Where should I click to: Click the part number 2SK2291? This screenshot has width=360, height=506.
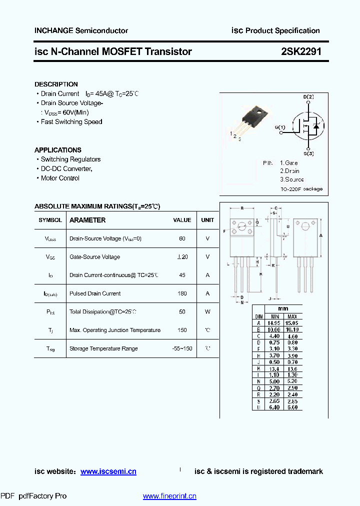tap(301, 51)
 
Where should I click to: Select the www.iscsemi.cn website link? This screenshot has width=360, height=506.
tap(108, 471)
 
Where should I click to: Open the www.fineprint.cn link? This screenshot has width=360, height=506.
tap(169, 496)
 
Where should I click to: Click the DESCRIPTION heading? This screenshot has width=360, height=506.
tap(56, 84)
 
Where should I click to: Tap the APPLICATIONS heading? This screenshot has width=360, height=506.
tap(57, 150)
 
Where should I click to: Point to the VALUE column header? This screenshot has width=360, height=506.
tap(182, 220)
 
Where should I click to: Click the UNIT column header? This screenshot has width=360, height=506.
tap(207, 220)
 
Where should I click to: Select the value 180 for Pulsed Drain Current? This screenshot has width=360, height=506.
tap(182, 293)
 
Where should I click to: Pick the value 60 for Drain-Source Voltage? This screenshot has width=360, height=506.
tap(182, 238)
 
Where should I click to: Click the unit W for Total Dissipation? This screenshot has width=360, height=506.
tap(207, 311)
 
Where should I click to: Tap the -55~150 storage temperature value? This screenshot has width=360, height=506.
tap(181, 348)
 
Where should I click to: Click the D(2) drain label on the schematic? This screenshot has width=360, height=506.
tap(308, 96)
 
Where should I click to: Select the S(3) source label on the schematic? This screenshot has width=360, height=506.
tap(308, 153)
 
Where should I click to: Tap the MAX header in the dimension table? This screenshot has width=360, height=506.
tap(292, 316)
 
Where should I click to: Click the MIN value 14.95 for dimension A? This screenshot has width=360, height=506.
tap(274, 323)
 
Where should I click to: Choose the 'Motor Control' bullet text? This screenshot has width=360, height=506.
tap(60, 178)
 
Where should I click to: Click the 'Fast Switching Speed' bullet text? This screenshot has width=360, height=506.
tap(71, 121)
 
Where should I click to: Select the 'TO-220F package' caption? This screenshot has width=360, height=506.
tap(301, 189)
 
